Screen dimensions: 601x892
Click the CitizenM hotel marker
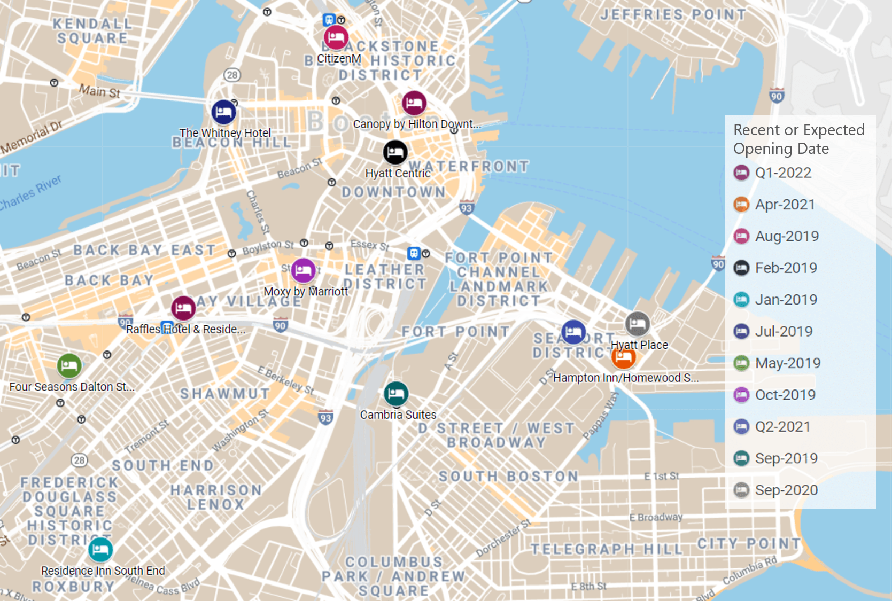point(336,37)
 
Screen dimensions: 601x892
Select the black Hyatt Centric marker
point(395,153)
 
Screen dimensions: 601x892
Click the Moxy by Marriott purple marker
point(303,270)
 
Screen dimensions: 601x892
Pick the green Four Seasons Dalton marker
point(69,366)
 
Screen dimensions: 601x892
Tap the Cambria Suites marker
point(396,394)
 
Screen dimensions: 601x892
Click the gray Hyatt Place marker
point(637,324)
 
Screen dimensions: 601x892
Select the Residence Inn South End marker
point(100,550)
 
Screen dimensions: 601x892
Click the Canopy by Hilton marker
point(414,103)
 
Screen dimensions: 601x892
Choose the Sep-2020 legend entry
point(786,490)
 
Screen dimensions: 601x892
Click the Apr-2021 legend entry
point(784,204)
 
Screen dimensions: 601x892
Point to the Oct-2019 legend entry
point(785,395)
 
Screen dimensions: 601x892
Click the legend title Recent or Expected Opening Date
point(798,139)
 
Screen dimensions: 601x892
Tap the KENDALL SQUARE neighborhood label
point(92,31)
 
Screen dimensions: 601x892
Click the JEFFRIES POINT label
point(673,14)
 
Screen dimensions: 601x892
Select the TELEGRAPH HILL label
point(607,549)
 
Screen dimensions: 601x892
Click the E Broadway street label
point(656,517)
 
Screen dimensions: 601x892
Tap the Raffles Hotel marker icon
point(183,308)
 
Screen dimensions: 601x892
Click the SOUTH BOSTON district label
point(508,476)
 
